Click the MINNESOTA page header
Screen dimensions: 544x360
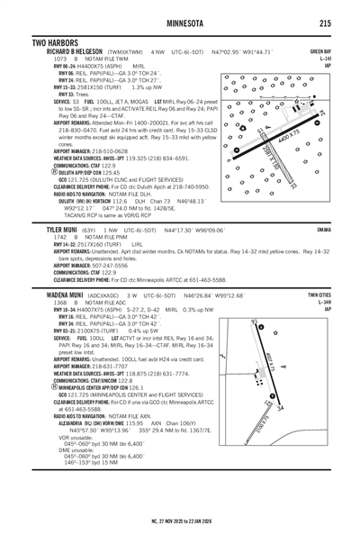pyautogui.click(x=180, y=23)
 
